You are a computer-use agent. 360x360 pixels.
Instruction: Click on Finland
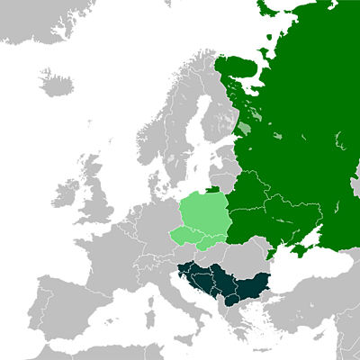[229, 108]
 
